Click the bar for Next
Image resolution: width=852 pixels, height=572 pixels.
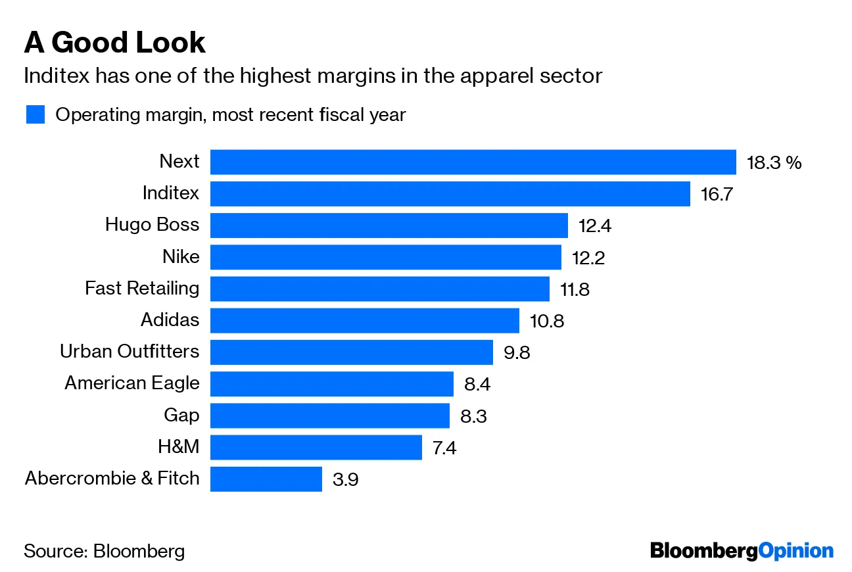click(473, 162)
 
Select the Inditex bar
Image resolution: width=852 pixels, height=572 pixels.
click(450, 193)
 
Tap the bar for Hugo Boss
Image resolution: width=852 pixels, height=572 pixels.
click(389, 225)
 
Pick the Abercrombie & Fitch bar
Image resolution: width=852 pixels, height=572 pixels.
click(266, 479)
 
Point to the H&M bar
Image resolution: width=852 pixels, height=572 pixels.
click(316, 447)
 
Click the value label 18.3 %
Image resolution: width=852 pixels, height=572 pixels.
click(774, 162)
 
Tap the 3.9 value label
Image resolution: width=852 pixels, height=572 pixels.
click(346, 479)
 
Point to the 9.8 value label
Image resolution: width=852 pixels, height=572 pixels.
click(517, 352)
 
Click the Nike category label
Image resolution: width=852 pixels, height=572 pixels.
click(181, 256)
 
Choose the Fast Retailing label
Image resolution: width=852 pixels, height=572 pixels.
click(142, 288)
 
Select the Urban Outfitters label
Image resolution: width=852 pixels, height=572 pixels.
click(130, 351)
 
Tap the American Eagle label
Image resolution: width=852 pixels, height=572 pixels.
click(131, 383)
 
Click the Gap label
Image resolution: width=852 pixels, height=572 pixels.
click(181, 415)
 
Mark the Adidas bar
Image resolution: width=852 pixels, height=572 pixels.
click(364, 320)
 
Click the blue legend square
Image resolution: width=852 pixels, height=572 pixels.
click(35, 114)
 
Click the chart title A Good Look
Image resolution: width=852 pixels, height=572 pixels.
click(114, 43)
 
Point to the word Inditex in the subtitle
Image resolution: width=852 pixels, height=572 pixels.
click(57, 76)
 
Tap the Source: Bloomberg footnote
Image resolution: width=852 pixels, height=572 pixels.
click(104, 550)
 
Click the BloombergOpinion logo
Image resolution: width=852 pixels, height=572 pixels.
click(742, 550)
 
